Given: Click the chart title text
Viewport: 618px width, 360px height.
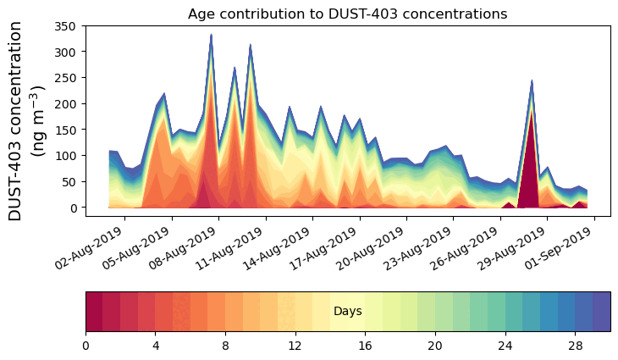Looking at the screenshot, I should coord(347,14).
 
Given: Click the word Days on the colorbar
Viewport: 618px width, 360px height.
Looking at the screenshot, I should coord(347,312).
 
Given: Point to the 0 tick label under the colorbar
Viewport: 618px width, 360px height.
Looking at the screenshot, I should coord(86,345).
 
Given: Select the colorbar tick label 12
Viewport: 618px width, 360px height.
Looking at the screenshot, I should coord(295,345).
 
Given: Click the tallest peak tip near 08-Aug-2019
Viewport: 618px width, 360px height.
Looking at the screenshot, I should coord(211,36).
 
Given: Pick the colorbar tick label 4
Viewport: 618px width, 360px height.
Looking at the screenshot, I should coord(156,345).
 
